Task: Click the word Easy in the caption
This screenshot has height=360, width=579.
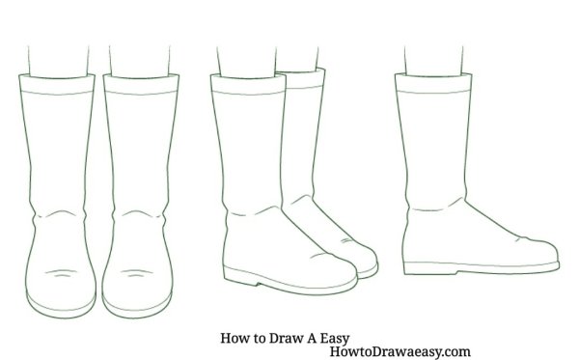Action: coord(334,339)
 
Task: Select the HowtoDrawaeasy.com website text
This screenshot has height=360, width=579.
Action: coord(400,351)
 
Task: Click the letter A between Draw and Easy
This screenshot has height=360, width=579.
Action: coord(311,338)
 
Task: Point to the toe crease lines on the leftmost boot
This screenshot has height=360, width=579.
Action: coord(61,273)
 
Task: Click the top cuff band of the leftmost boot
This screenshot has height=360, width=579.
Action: coord(57,83)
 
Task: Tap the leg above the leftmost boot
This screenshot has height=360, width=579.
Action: coord(58,62)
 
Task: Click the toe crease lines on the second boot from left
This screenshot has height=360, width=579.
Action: coord(137,273)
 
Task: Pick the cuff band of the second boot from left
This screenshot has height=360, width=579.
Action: coord(141,83)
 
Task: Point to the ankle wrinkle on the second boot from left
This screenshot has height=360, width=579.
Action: coord(137,214)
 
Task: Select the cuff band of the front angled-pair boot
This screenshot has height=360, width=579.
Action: coord(248,84)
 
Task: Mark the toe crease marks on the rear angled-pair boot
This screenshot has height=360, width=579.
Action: coord(347,240)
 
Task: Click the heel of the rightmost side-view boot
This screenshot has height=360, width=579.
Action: coord(430,268)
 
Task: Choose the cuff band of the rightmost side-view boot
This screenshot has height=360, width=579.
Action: coord(433,83)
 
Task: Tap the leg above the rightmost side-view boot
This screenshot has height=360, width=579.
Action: coord(433,61)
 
